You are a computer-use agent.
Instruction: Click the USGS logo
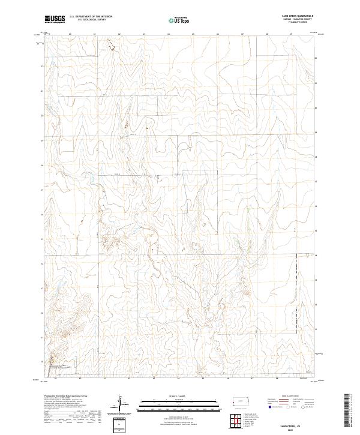[55, 19]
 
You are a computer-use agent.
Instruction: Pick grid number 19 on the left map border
[43, 140]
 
